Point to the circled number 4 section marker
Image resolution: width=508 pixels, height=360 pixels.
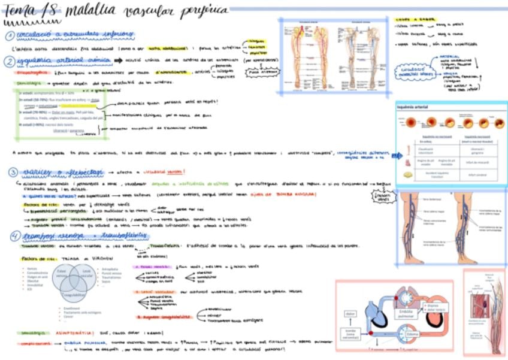click(x=11, y=236)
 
